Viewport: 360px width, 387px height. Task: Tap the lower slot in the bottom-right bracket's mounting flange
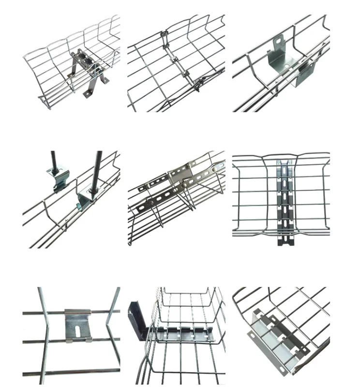pos(254,335)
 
